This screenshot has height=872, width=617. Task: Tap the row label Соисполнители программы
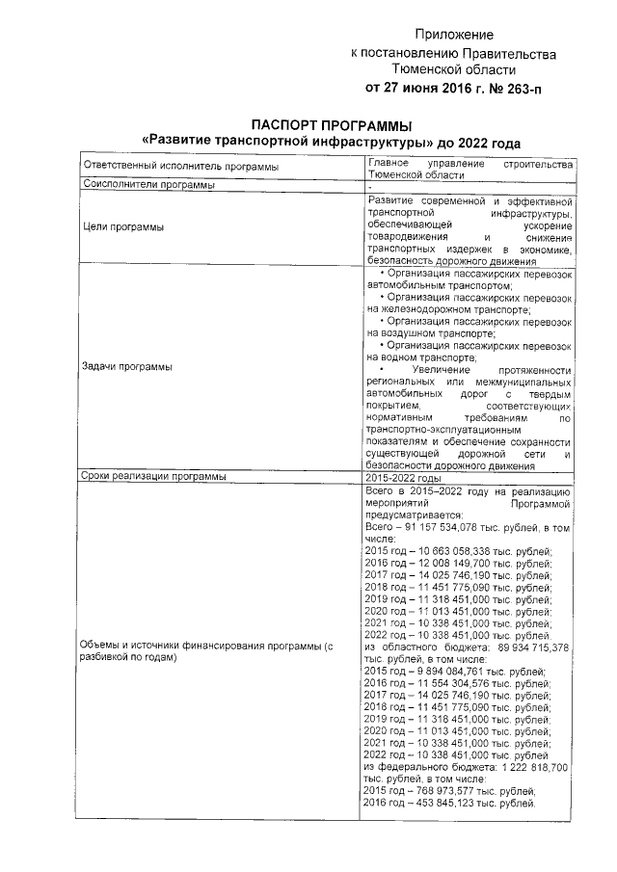(149, 185)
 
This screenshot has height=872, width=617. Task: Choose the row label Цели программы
(123, 227)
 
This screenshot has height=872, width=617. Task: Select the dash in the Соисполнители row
(371, 185)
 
